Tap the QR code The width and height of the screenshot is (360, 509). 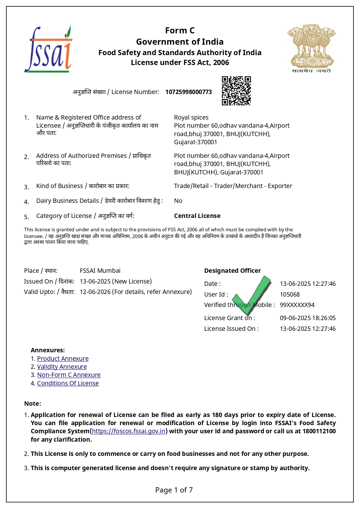[236, 91]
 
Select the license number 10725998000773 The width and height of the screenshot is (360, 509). [189, 92]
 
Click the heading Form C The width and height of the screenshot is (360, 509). [180, 30]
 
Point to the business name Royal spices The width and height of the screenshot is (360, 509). [191, 118]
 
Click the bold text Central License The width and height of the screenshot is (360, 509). [197, 216]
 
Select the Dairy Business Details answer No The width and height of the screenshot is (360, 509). [178, 201]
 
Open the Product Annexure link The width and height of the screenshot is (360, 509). [63, 359]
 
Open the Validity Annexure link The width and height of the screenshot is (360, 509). [62, 367]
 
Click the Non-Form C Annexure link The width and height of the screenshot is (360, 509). [69, 375]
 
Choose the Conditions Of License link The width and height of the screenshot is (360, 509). [68, 383]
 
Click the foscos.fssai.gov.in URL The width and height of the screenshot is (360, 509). [129, 431]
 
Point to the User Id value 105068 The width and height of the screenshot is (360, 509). [290, 295]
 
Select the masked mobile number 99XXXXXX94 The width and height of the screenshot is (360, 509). [297, 305]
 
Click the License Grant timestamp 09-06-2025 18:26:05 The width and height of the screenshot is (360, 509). [307, 318]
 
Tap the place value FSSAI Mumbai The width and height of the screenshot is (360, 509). [100, 271]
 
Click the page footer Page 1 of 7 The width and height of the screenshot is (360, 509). [174, 490]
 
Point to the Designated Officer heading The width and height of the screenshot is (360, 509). [232, 271]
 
